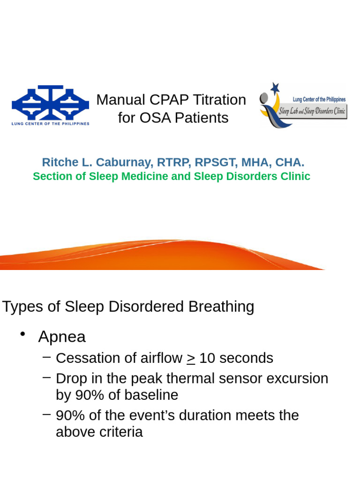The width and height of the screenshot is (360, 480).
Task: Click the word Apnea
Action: pos(62,337)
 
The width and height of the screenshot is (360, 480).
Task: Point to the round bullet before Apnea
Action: pos(22,334)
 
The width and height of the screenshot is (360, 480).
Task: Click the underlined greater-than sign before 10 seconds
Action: pos(191,359)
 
